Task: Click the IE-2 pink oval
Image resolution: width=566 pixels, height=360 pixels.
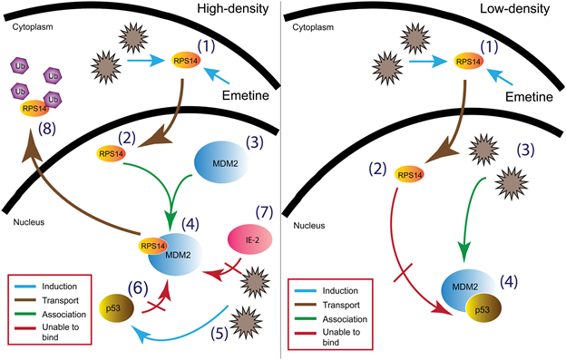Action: coord(250,239)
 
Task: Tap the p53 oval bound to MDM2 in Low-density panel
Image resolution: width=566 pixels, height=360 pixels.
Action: coord(483,309)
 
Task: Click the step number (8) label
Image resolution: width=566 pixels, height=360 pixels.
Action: coord(47,129)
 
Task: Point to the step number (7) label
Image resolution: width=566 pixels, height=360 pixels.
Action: coord(265,212)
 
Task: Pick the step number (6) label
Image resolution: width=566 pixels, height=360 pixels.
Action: coord(138,288)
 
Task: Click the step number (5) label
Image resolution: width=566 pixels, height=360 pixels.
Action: coord(220,333)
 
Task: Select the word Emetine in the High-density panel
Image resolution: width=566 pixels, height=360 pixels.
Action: coord(246,95)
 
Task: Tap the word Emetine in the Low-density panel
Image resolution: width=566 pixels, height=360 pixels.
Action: coord(529,97)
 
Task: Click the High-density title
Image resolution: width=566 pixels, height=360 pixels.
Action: coord(233,9)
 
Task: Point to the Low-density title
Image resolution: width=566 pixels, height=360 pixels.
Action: coord(514,9)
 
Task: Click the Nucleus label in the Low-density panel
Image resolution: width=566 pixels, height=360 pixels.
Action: coord(309,226)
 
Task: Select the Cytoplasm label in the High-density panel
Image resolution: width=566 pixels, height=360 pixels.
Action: coord(33,27)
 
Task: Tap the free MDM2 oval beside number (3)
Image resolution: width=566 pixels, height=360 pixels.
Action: coord(221,162)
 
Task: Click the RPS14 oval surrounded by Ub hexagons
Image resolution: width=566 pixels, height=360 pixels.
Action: coord(34,108)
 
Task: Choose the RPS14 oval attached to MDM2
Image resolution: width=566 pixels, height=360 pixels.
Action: coord(152,246)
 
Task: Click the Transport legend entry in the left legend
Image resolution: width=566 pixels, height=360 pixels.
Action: coord(60,300)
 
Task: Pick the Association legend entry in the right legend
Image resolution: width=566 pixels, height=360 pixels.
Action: coord(345,319)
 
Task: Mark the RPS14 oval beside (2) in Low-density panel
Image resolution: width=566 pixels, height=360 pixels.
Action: coord(409,175)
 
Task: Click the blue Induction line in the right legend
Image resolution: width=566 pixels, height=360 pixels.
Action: coord(306,291)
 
